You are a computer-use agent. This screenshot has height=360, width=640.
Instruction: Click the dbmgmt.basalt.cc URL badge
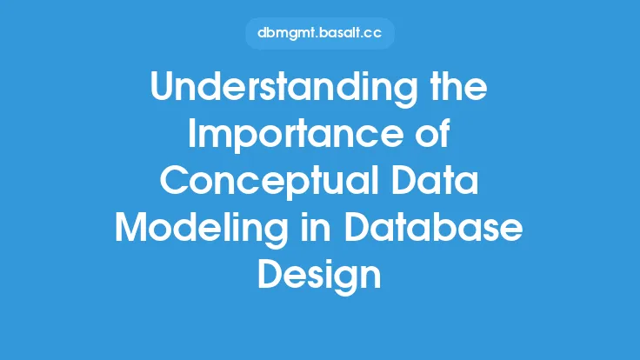click(320, 33)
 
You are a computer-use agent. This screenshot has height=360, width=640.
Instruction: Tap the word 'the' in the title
click(459, 86)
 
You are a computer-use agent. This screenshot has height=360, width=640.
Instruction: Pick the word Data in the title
click(436, 180)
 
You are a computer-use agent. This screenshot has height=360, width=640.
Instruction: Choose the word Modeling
click(201, 230)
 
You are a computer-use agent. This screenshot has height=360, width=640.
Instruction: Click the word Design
click(319, 277)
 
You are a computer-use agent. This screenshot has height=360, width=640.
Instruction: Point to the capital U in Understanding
click(163, 87)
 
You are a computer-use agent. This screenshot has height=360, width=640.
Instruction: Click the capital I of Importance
click(191, 133)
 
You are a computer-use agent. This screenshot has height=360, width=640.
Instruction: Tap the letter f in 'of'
click(444, 133)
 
